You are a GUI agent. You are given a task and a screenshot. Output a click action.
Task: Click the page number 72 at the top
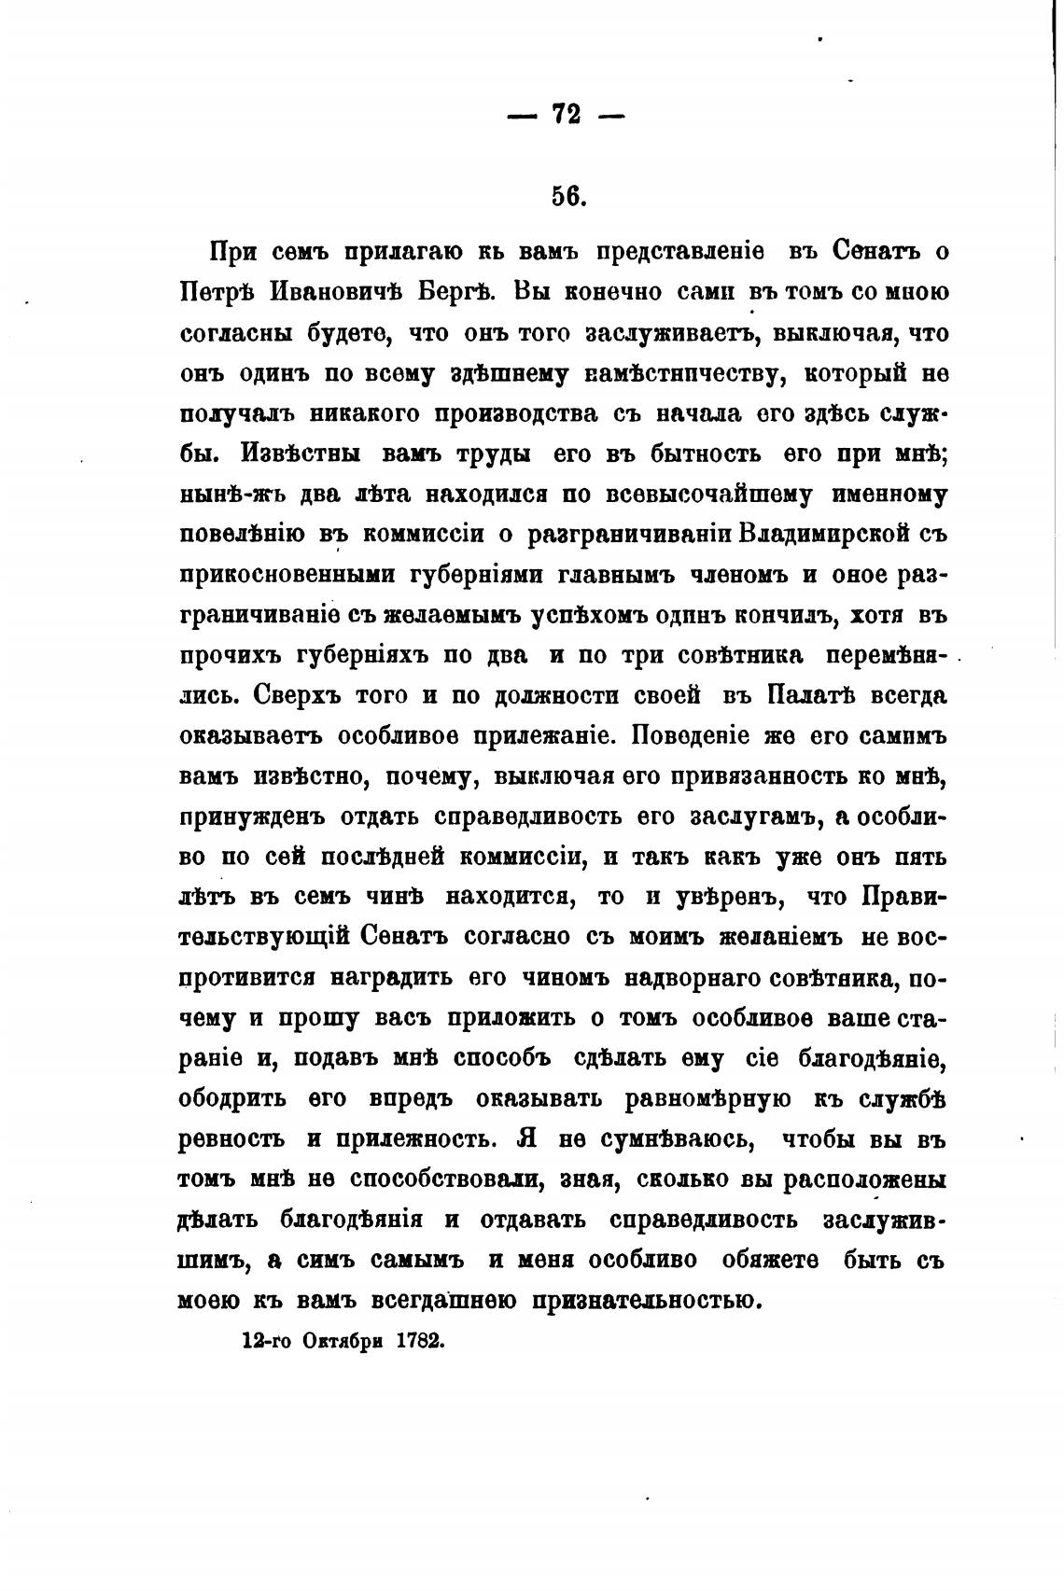pos(566,114)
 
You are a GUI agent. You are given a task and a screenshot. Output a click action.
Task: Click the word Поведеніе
pos(692,735)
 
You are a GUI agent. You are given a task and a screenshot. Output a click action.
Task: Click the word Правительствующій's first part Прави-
pos(907,898)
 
